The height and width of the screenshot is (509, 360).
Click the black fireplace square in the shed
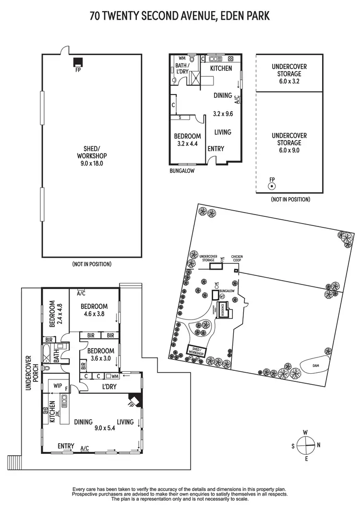77,62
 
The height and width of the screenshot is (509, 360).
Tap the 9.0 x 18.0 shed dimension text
92,163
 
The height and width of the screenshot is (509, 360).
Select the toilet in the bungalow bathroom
192,60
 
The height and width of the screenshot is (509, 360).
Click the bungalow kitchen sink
215,59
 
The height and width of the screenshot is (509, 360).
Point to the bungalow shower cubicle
195,78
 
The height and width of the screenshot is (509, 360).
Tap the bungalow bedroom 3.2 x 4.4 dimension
188,143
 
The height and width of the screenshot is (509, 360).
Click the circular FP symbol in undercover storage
272,185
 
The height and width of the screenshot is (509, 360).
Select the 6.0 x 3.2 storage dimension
289,82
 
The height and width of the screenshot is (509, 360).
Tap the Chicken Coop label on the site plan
237,259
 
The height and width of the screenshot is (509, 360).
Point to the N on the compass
318,444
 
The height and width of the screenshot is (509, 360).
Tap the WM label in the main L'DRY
115,377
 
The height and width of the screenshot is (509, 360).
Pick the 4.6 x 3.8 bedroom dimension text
94,315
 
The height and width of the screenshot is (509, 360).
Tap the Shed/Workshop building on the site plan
196,351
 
